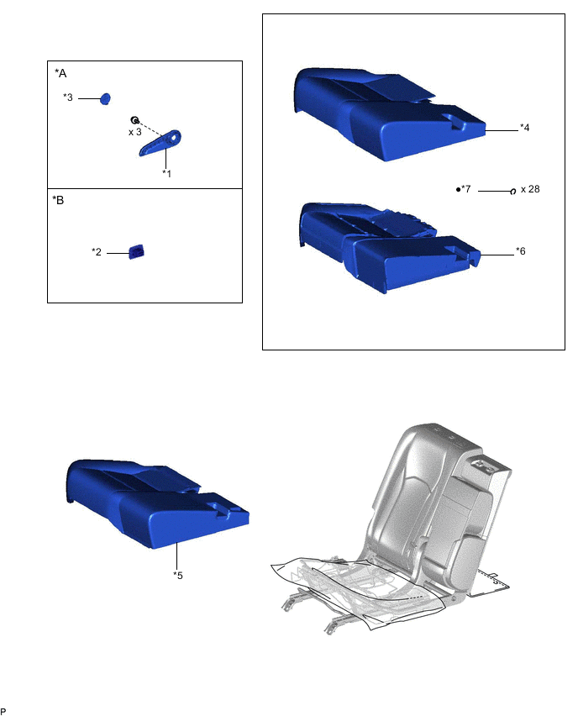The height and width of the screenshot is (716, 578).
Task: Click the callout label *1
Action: [166, 173]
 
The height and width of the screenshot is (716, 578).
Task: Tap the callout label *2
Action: [97, 251]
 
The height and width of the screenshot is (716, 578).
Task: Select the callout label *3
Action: [67, 97]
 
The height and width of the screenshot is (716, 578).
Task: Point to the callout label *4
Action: [524, 128]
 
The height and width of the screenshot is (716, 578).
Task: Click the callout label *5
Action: [177, 576]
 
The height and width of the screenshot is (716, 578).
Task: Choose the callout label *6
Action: [521, 251]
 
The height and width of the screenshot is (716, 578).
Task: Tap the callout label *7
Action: [465, 188]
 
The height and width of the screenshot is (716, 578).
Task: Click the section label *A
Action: [60, 73]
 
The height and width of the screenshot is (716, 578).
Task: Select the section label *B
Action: [58, 200]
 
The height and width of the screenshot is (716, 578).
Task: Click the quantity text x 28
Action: [530, 189]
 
